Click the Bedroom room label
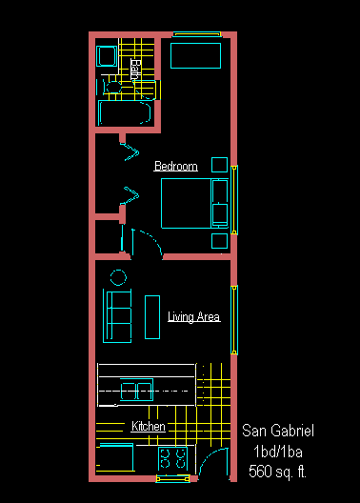[175, 166]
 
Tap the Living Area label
[194, 316]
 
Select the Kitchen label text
[149, 426]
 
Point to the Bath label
[135, 69]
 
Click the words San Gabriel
[278, 431]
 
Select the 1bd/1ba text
[278, 452]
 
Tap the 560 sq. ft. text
[277, 472]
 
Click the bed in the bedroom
[194, 203]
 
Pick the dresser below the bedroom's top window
[195, 55]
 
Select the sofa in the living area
[117, 316]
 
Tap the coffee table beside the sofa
[152, 317]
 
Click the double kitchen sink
[136, 390]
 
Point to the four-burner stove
[172, 459]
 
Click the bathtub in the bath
[125, 112]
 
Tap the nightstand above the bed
[220, 165]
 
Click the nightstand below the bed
[220, 241]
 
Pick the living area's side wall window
[234, 320]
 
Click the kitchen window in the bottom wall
[172, 478]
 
